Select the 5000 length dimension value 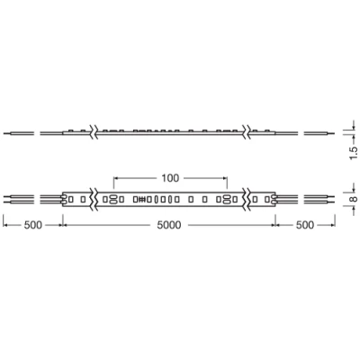[170, 225]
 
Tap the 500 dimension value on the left [31, 225]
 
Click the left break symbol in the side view [94, 130]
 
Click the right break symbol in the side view [248, 130]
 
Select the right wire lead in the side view [317, 132]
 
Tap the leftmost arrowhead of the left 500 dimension [4, 225]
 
